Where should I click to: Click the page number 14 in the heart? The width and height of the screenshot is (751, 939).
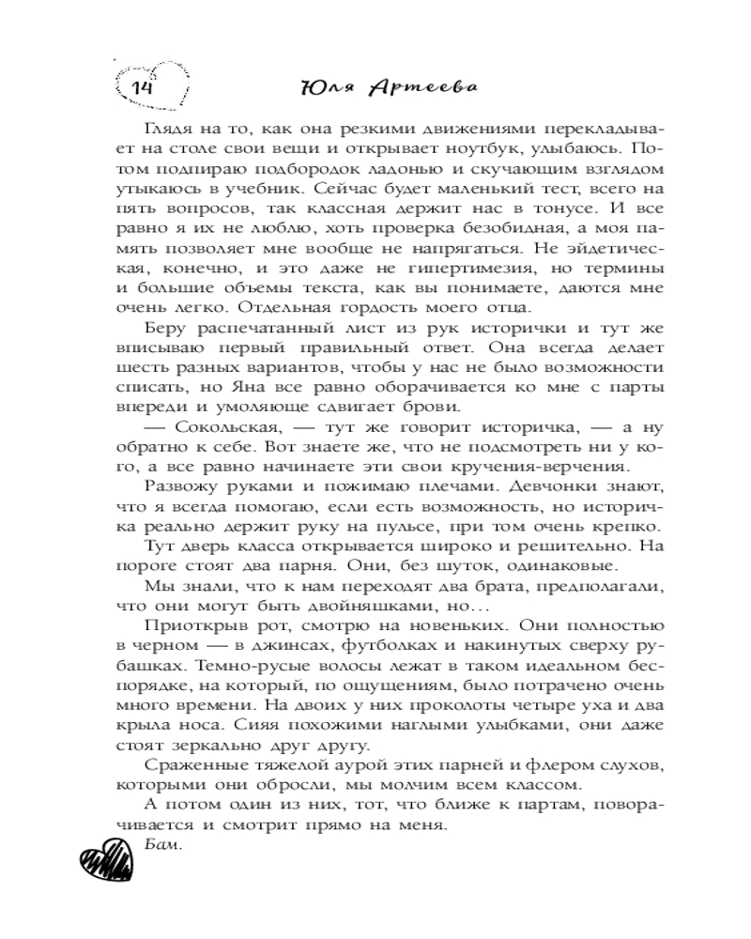(143, 86)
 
